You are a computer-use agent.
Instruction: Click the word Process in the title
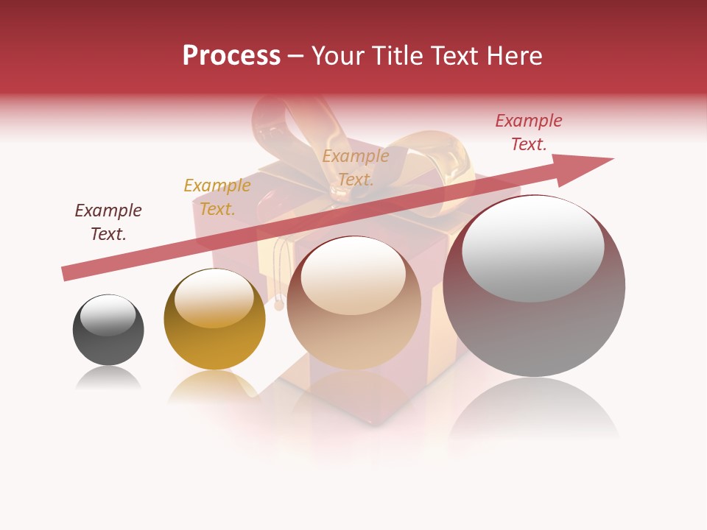231,56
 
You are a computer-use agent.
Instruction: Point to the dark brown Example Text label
108,222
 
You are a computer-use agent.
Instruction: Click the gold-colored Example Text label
217,197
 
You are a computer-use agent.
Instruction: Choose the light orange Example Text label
356,168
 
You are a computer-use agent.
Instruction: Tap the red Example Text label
528,132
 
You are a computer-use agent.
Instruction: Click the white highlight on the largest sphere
532,249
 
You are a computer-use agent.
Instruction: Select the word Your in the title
336,56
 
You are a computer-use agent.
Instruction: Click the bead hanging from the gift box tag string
280,303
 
